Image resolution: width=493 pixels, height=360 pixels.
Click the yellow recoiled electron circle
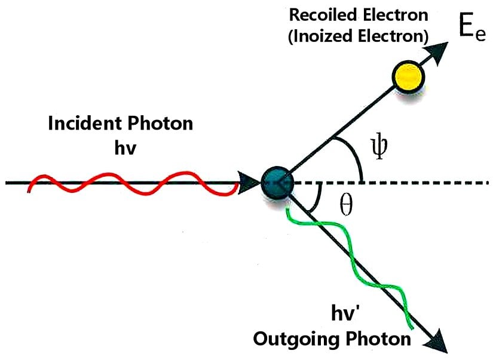click(408, 76)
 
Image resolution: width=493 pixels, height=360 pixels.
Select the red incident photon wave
click(134, 183)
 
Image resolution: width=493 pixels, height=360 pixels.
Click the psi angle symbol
click(381, 146)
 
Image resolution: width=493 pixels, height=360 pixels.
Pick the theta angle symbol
click(346, 205)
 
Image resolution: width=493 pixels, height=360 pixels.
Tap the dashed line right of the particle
click(418, 182)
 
